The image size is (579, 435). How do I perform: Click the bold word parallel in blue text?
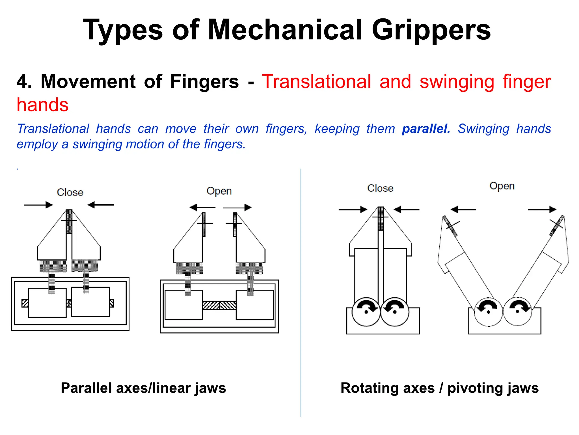pos(426,129)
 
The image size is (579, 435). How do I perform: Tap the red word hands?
pos(42,105)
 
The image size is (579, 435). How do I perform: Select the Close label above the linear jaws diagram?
pos(70,192)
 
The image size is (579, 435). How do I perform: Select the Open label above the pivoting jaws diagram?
pos(502,186)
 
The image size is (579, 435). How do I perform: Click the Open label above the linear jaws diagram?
pos(219,191)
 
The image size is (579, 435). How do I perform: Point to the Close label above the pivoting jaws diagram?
pos(380,188)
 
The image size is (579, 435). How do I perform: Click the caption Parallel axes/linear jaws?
pos(143,388)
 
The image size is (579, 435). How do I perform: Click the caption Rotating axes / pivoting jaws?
pos(439,388)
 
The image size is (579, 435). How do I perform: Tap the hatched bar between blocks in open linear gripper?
pos(219,305)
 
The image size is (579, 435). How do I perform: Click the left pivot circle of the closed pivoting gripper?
pos(366,312)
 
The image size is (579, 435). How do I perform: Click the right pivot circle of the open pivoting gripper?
pos(517,312)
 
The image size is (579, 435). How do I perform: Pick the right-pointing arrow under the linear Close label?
pos(38,205)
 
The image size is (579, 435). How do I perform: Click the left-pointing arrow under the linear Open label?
pos(202,208)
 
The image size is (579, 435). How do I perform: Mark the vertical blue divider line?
pos(301,292)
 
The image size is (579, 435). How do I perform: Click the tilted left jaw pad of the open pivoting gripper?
pos(450,226)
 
